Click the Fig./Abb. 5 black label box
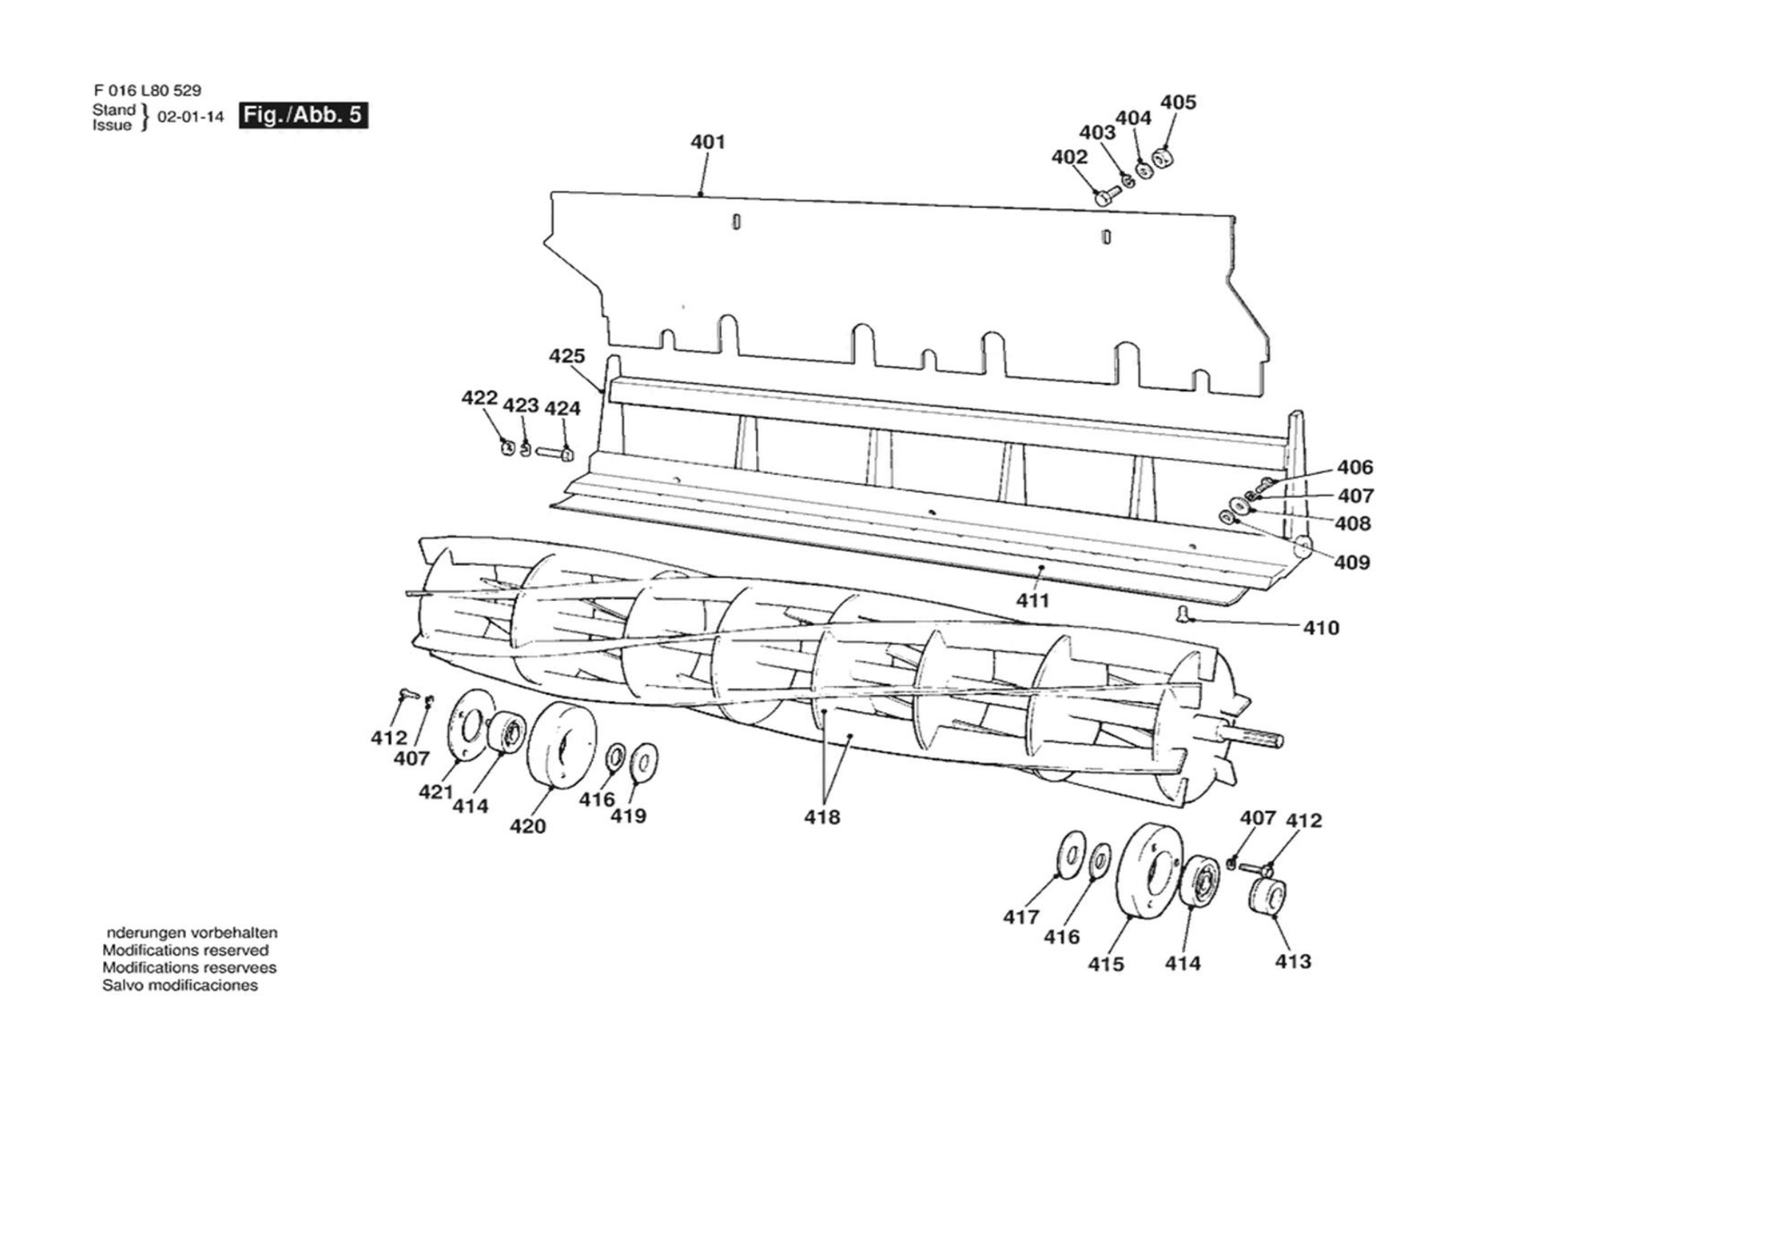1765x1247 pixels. [x=304, y=115]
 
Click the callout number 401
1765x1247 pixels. [x=707, y=142]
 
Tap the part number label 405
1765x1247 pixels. [x=1177, y=102]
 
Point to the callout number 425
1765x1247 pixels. [x=566, y=356]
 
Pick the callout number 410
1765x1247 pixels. [x=1321, y=628]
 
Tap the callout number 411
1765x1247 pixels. [x=1033, y=600]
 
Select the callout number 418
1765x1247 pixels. [x=821, y=816]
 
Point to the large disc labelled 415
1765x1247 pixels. [x=1149, y=870]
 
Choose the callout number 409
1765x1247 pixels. [x=1352, y=562]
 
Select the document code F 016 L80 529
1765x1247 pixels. [x=147, y=90]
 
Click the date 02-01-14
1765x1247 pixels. [x=190, y=117]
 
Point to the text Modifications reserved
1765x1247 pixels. [x=185, y=949]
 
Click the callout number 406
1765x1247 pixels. [x=1355, y=467]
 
